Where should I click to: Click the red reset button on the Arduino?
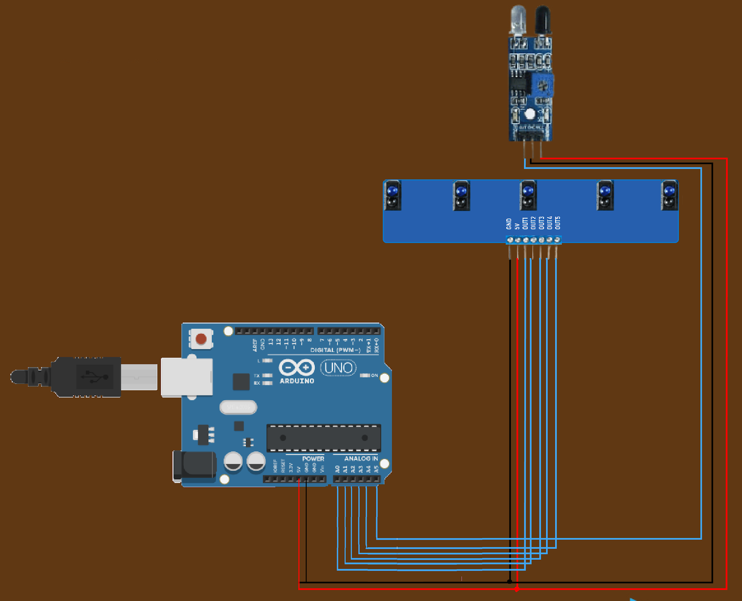(201, 339)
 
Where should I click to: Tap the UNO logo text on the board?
(338, 368)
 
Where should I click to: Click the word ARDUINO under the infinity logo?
(297, 381)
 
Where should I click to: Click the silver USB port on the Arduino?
(187, 377)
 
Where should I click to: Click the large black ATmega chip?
(324, 438)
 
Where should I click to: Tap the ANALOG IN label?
(360, 459)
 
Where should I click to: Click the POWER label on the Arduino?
(313, 459)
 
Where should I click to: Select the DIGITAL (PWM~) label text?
(335, 350)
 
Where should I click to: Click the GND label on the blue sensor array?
(509, 224)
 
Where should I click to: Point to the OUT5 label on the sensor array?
(558, 223)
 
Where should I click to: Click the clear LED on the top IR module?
(518, 20)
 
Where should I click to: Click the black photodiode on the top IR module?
(543, 20)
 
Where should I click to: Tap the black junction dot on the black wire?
(510, 582)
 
